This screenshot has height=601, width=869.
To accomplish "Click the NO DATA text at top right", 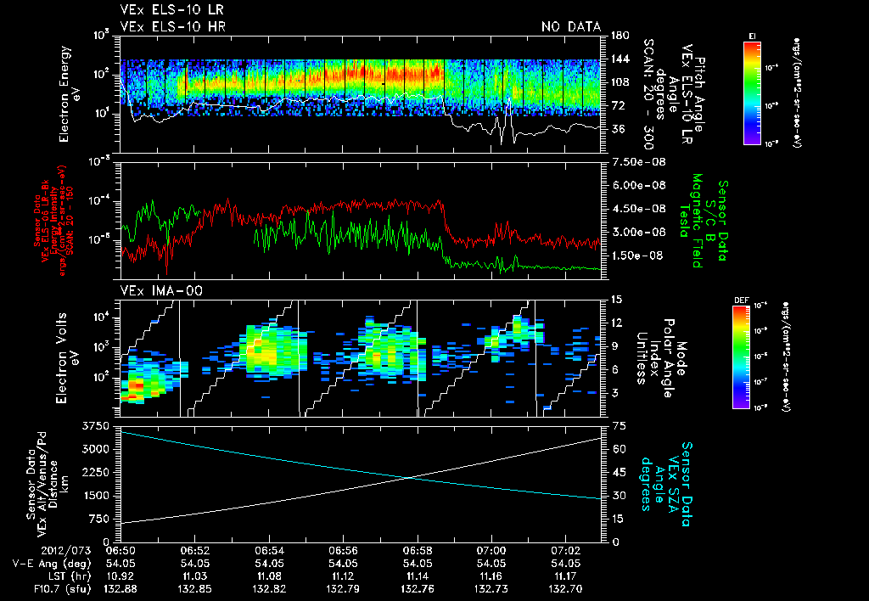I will click(x=570, y=26).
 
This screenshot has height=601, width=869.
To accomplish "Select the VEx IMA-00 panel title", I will click(x=154, y=290).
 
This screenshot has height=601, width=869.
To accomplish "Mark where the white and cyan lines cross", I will click(x=410, y=477).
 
